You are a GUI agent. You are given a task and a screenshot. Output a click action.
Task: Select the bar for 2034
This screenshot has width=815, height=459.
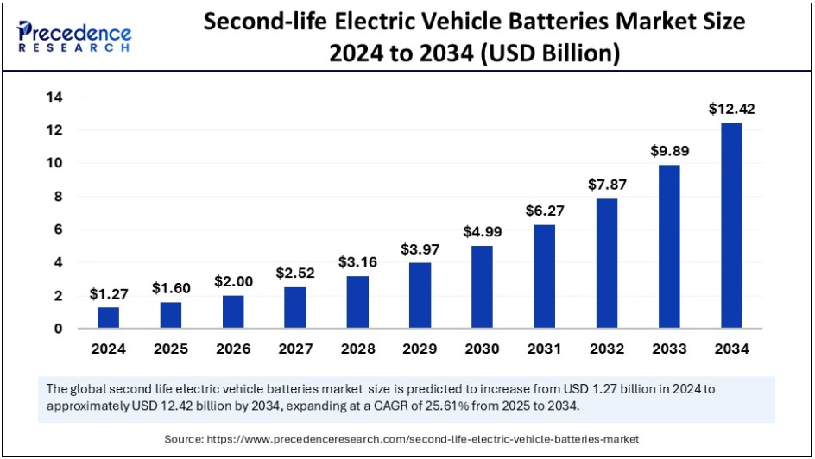731,225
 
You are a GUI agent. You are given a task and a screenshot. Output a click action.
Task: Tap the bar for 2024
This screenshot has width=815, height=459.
109,318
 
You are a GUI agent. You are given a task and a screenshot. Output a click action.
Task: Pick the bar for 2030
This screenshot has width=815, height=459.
483,286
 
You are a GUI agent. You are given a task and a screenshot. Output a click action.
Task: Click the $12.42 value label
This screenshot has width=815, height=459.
731,109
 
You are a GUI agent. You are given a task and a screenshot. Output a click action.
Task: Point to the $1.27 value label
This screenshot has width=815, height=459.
109,293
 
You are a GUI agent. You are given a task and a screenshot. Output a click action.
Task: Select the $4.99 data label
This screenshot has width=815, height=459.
483,231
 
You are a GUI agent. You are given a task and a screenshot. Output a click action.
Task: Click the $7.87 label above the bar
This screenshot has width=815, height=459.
607,184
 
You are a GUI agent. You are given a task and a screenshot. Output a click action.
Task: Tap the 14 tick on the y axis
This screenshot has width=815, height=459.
54,97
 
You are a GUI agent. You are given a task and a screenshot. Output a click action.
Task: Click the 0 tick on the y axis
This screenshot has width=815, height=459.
57,329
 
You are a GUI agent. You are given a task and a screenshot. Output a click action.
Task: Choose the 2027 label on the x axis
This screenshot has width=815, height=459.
295,349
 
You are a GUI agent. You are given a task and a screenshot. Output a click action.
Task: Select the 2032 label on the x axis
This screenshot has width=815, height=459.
607,349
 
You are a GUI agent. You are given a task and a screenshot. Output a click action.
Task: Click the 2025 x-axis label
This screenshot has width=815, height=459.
171,349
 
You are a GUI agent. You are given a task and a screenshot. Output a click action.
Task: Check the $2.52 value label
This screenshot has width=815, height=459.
295,274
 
